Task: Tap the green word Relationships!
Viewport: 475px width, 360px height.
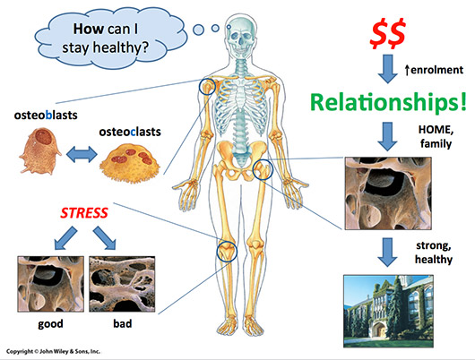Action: tap(388, 102)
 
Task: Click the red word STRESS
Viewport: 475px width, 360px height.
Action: tap(84, 213)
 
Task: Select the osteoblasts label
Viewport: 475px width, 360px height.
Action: tap(46, 115)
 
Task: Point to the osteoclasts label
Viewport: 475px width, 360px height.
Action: tap(130, 132)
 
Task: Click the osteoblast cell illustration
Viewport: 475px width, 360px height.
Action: tap(40, 150)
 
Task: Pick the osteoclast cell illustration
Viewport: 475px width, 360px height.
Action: tap(130, 163)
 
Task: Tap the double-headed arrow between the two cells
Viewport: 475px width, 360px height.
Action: tap(82, 154)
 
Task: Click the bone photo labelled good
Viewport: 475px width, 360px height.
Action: tap(50, 284)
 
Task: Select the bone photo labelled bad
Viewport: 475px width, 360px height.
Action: tap(122, 284)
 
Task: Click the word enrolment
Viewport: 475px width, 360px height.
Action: tap(436, 70)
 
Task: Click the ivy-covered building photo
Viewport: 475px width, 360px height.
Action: tap(388, 311)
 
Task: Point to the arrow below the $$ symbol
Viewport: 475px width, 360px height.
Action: tap(388, 69)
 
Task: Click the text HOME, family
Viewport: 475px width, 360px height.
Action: tap(436, 136)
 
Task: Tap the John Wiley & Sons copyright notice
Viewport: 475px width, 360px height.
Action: tap(53, 352)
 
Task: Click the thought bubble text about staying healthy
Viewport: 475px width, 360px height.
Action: tap(106, 39)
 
